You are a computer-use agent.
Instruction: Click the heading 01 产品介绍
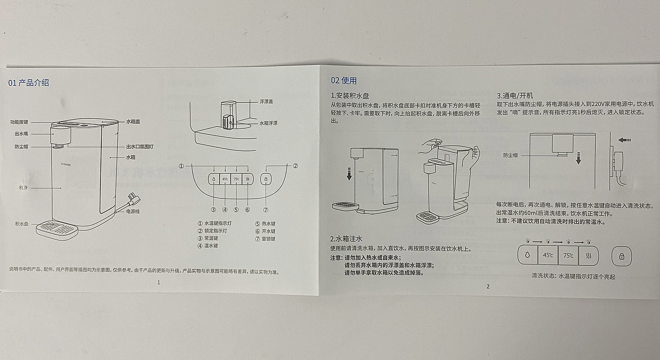(x=29, y=83)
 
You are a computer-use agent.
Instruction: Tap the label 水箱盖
(x=133, y=122)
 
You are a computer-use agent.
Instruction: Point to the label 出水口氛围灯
(x=140, y=147)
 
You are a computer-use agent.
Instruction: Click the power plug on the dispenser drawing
(x=134, y=199)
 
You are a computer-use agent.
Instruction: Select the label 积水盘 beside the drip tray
(x=22, y=224)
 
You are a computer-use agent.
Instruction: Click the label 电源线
(x=133, y=211)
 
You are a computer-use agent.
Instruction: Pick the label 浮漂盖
(x=266, y=102)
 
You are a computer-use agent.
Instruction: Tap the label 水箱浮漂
(x=268, y=123)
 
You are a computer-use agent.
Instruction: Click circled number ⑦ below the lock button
(x=266, y=210)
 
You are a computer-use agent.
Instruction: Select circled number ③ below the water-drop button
(x=214, y=210)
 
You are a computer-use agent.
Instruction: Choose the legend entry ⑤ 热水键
(x=265, y=224)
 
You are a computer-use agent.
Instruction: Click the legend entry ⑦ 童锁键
(x=265, y=239)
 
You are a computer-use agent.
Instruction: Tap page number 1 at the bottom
(x=159, y=282)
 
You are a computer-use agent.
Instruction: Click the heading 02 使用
(x=344, y=81)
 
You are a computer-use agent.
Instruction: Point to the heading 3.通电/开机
(x=515, y=96)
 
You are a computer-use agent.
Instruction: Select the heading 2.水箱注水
(x=346, y=238)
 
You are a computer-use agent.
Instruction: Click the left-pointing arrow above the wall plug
(x=624, y=140)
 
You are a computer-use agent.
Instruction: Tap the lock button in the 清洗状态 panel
(x=622, y=256)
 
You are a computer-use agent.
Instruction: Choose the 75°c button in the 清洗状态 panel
(x=569, y=255)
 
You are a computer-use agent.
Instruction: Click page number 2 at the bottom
(x=488, y=286)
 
